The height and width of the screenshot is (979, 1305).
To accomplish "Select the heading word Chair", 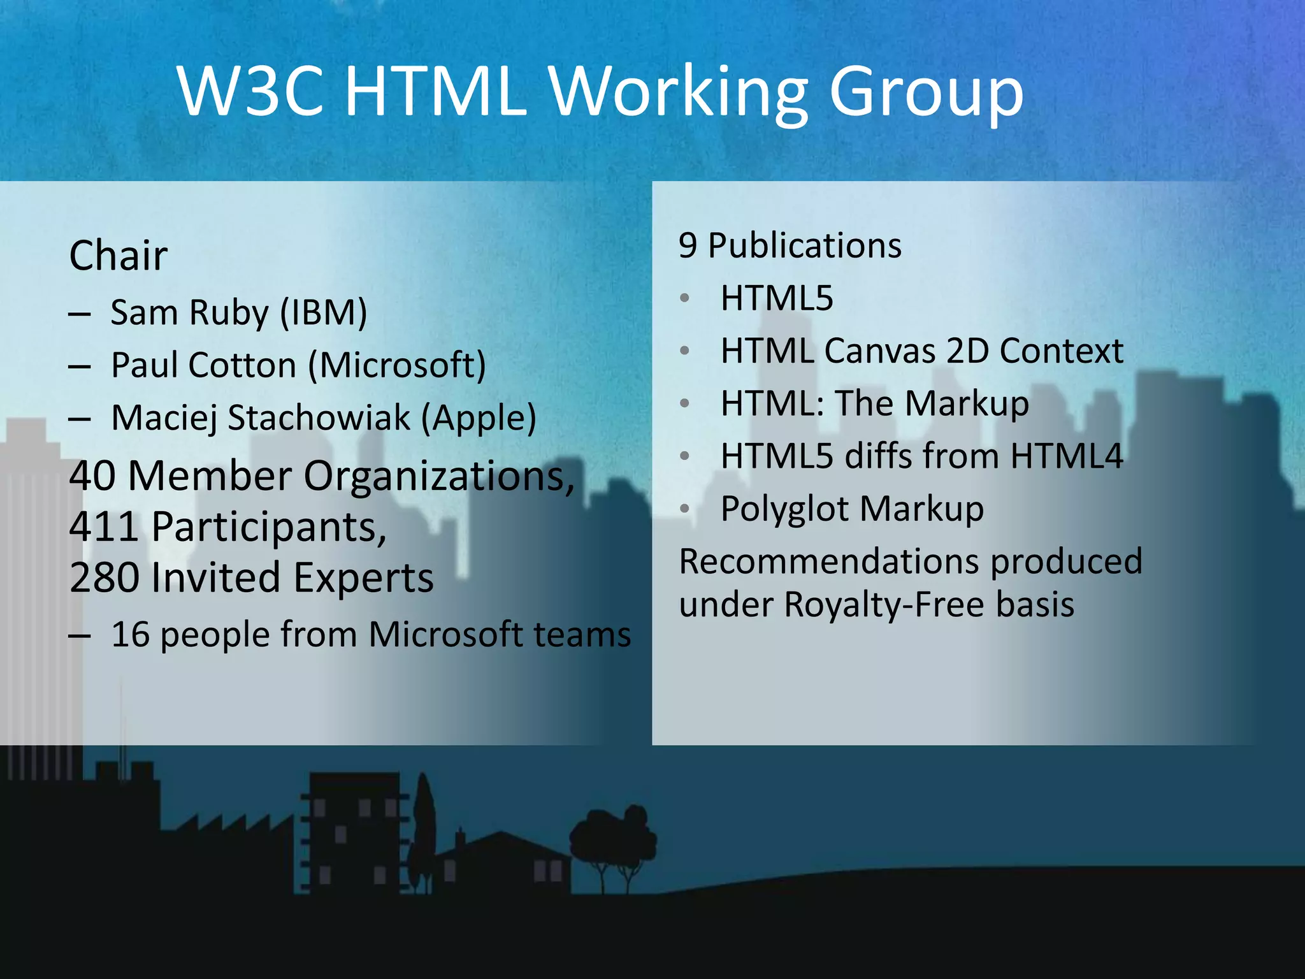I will point(119,256).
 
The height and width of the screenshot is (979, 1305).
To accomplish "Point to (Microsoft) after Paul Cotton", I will point(397,366).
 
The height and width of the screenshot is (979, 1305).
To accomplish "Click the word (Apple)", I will point(479,419).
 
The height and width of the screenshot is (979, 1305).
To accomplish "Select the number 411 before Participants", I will point(104,527).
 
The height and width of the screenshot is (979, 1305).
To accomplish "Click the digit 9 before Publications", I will point(688,246).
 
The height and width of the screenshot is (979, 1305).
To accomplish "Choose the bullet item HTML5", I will point(777,298).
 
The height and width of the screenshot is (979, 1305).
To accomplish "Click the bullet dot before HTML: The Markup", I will point(685,403).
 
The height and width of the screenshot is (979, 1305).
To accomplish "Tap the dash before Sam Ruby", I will point(79,314).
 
